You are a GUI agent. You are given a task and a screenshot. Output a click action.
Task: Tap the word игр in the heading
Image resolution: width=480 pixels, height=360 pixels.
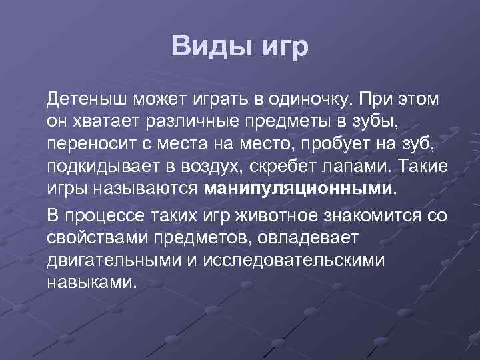click(x=283, y=47)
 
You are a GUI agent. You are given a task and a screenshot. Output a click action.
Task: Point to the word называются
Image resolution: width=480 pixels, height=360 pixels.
click(x=141, y=187)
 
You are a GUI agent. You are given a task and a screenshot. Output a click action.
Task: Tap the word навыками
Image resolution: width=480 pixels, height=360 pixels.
click(x=91, y=281)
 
